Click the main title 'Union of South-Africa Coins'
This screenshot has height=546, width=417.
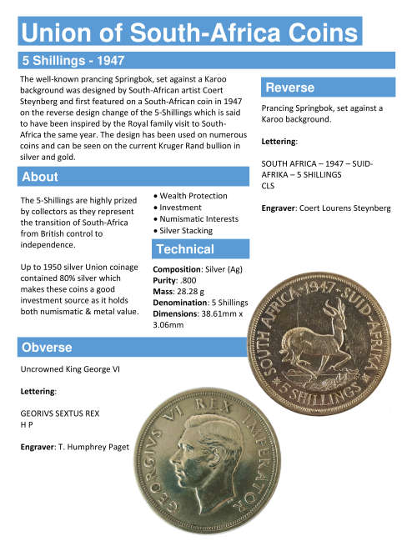tap(189, 33)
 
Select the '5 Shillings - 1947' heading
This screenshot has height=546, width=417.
tap(73, 61)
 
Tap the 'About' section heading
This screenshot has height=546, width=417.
tap(40, 177)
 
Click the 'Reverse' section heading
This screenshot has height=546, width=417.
tap(289, 88)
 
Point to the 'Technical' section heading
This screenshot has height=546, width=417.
tap(185, 249)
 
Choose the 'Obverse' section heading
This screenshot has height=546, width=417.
tap(47, 347)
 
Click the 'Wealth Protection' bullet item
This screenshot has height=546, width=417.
tap(193, 196)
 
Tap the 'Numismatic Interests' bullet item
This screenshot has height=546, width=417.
tap(199, 218)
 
